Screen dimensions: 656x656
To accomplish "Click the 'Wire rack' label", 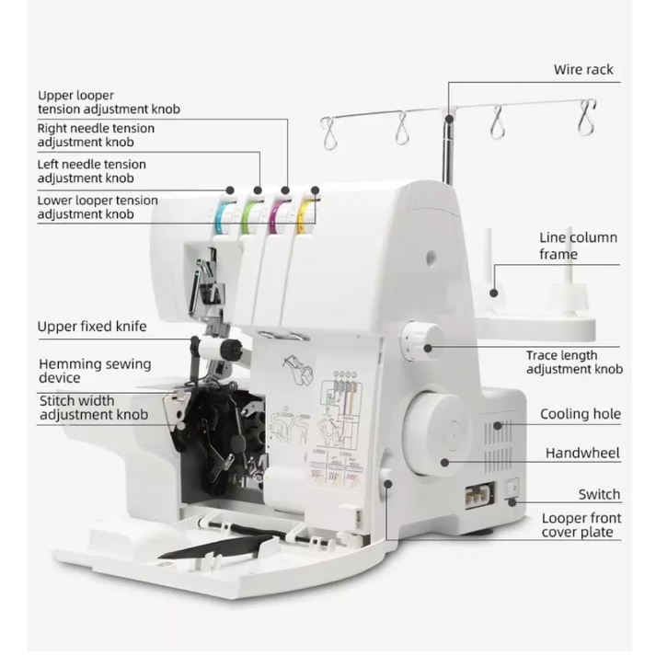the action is (x=583, y=69).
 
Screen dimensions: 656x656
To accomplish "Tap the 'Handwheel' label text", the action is (x=582, y=453).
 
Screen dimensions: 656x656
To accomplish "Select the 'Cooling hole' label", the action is (x=580, y=414).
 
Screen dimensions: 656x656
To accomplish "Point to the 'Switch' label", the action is (x=599, y=494).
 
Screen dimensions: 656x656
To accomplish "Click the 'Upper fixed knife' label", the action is (x=91, y=326).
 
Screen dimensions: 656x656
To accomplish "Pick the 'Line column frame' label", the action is (x=578, y=246).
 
